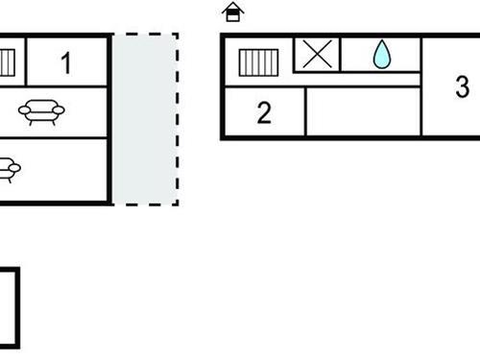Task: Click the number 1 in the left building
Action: point(65,63)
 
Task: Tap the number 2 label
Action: point(264,113)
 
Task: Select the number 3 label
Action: point(462,87)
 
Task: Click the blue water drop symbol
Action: point(382,55)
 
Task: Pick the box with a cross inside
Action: point(316,54)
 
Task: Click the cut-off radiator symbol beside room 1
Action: point(8,63)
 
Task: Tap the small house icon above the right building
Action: point(232,12)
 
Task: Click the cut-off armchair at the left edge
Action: point(9,170)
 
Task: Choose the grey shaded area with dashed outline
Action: point(144,119)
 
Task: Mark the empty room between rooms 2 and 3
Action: point(363,112)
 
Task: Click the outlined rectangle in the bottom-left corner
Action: point(8,307)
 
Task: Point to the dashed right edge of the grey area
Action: point(177,119)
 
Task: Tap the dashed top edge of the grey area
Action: point(145,36)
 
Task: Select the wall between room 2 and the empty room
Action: point(305,112)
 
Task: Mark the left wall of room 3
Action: point(421,87)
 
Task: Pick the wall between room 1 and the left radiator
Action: point(25,62)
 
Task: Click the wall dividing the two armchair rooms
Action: point(53,137)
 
